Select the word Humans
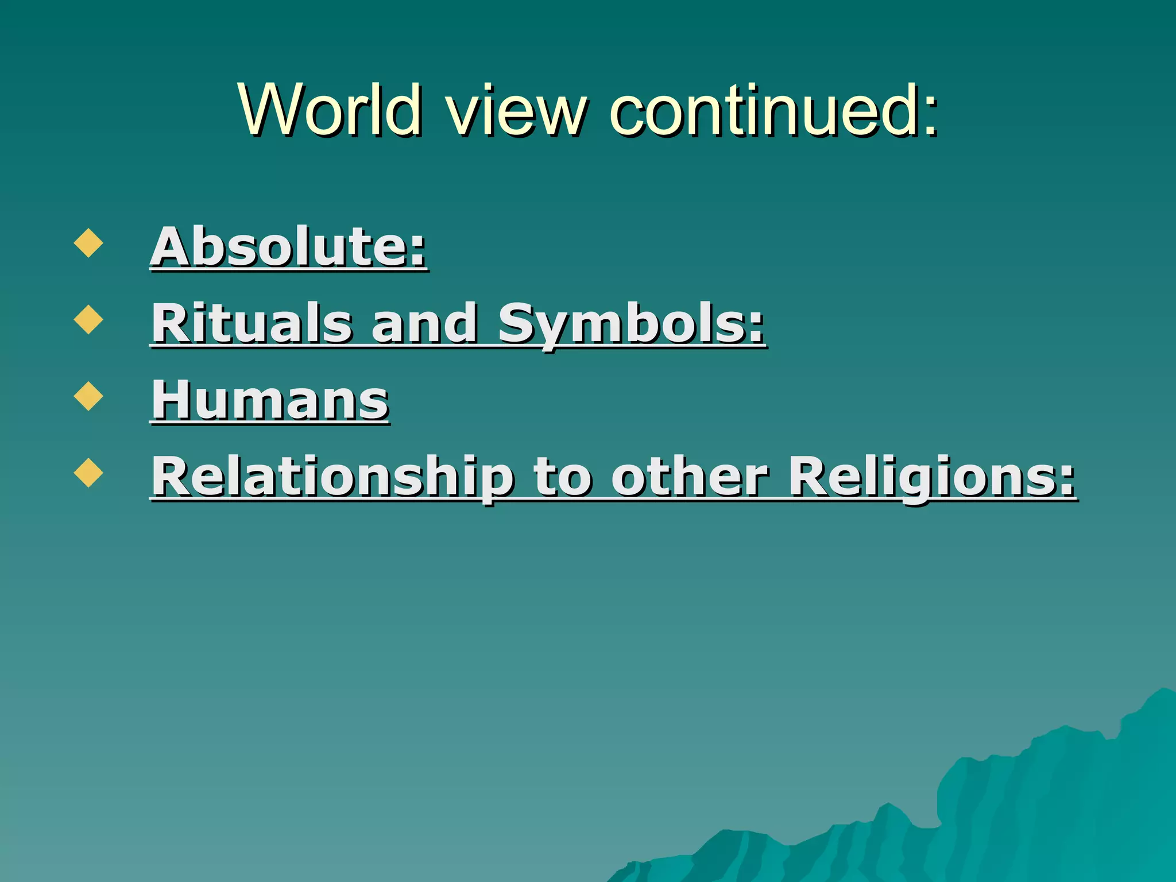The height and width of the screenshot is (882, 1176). (270, 400)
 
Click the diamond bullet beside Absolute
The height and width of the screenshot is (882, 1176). (88, 243)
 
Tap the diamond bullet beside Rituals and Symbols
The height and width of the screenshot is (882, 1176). (88, 319)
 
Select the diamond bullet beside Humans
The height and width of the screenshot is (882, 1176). (88, 396)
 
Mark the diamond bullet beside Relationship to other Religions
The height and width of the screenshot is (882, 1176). (88, 473)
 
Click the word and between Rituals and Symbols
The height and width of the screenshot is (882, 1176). (425, 323)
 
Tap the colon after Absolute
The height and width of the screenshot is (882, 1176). (418, 253)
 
